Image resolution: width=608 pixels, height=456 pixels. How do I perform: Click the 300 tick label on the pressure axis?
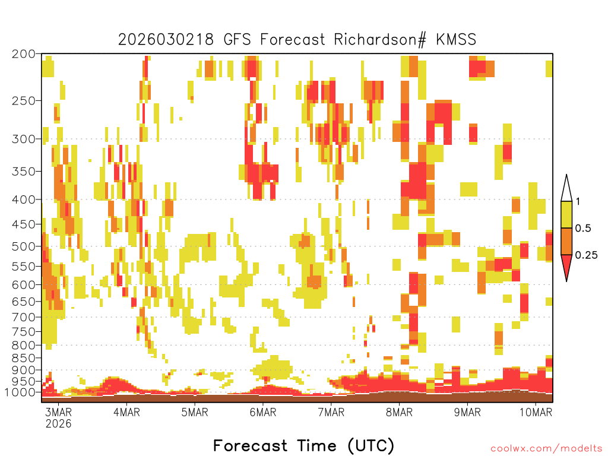pos(24,139)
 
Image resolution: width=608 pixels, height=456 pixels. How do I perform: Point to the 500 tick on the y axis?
pos(24,246)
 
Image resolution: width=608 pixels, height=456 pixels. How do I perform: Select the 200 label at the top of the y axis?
pos(24,54)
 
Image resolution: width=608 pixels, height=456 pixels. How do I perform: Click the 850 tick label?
pos(24,358)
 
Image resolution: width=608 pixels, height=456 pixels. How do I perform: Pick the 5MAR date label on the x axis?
pos(195,412)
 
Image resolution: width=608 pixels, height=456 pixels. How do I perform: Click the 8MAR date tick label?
pos(400,412)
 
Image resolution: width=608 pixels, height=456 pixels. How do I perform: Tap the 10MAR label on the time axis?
pos(536,412)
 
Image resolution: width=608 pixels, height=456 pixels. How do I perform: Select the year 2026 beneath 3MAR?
pos(59,423)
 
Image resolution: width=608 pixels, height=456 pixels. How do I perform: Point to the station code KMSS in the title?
pos(456,40)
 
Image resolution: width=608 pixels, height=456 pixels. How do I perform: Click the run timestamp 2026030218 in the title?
pos(166,40)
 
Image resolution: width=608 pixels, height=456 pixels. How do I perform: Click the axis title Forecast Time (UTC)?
pos(303,445)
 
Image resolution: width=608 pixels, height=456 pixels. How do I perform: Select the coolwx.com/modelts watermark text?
pos(546,449)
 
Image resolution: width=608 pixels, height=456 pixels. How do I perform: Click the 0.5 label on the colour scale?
pos(583,228)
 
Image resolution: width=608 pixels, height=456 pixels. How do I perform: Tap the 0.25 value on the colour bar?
pos(587,255)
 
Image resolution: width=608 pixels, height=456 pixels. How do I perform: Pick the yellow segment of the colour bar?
pos(566,214)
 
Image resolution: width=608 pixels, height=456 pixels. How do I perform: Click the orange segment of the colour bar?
pos(566,241)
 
